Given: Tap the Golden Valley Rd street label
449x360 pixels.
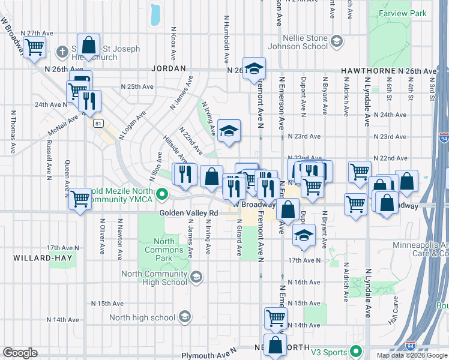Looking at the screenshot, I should point(188,213).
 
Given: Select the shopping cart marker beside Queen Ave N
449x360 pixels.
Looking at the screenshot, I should point(80,199).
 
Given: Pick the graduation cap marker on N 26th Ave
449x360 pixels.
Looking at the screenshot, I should point(254,68).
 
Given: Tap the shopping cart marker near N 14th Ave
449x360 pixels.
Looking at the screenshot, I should point(276,317).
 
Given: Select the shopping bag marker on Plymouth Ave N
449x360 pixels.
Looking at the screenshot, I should point(276,345).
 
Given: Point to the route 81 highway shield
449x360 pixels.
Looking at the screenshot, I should point(98,123).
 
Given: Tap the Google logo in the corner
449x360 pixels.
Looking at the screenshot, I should point(20,353).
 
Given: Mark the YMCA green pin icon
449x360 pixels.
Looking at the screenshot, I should point(161,194).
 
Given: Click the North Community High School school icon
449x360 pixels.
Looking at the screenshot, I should point(196,277).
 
